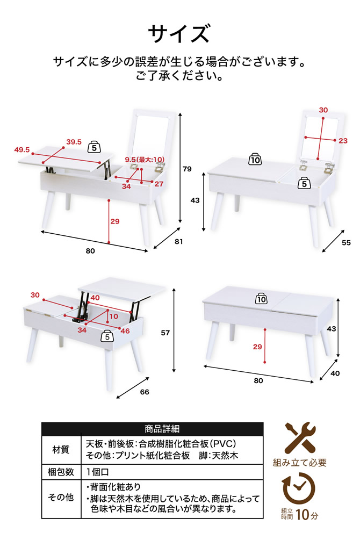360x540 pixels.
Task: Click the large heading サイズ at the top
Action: pos(179,34)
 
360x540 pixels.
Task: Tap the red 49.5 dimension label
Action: pos(22,150)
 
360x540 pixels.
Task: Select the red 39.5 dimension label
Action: pos(74,142)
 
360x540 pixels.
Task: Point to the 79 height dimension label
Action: pos(187,169)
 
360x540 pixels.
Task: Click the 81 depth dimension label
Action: pos(178,241)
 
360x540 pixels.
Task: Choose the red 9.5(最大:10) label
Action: pos(145,160)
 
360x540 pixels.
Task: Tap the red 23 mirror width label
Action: pos(343,141)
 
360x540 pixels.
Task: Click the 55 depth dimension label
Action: pos(346,242)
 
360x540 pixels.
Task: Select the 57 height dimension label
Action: pos(165,333)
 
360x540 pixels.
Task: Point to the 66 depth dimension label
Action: pos(145,392)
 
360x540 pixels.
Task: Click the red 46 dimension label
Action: pos(125,330)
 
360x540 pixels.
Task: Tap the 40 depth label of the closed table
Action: pos(335,373)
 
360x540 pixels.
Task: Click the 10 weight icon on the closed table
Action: pos(262,299)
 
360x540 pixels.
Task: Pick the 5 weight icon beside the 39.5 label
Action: pos(95,147)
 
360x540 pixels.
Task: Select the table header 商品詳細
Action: pos(162,429)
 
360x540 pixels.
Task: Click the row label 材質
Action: pos(61,449)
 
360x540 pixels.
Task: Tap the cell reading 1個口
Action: pos(97,472)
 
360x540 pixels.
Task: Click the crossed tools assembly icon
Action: pos(300,438)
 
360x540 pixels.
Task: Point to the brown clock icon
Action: pos(299,488)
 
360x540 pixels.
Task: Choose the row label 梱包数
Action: pos(61,472)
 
